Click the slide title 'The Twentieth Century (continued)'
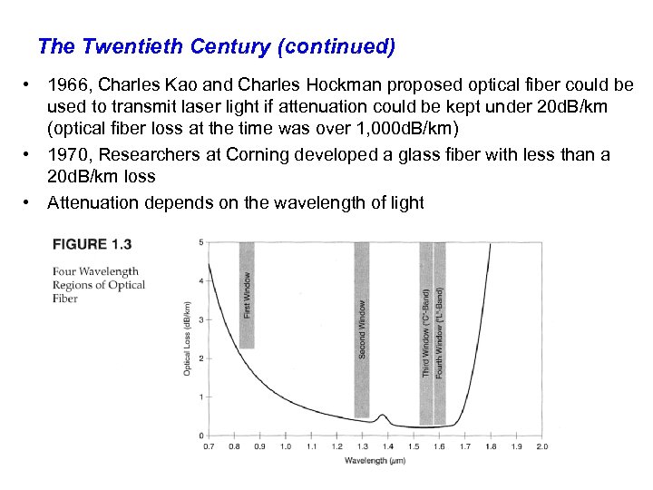point(217,45)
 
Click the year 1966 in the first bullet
point(68,85)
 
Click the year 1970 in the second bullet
point(68,155)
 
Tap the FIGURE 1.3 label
point(92,244)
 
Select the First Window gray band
point(247,294)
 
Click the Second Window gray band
point(362,328)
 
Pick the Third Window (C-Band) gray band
point(426,332)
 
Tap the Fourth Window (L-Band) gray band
point(440,332)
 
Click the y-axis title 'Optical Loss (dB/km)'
point(187,338)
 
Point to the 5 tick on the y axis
point(201,241)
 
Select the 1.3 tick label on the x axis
point(363,446)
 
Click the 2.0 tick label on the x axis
point(541,446)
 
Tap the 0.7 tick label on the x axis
point(210,446)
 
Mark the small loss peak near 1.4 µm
point(384,416)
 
